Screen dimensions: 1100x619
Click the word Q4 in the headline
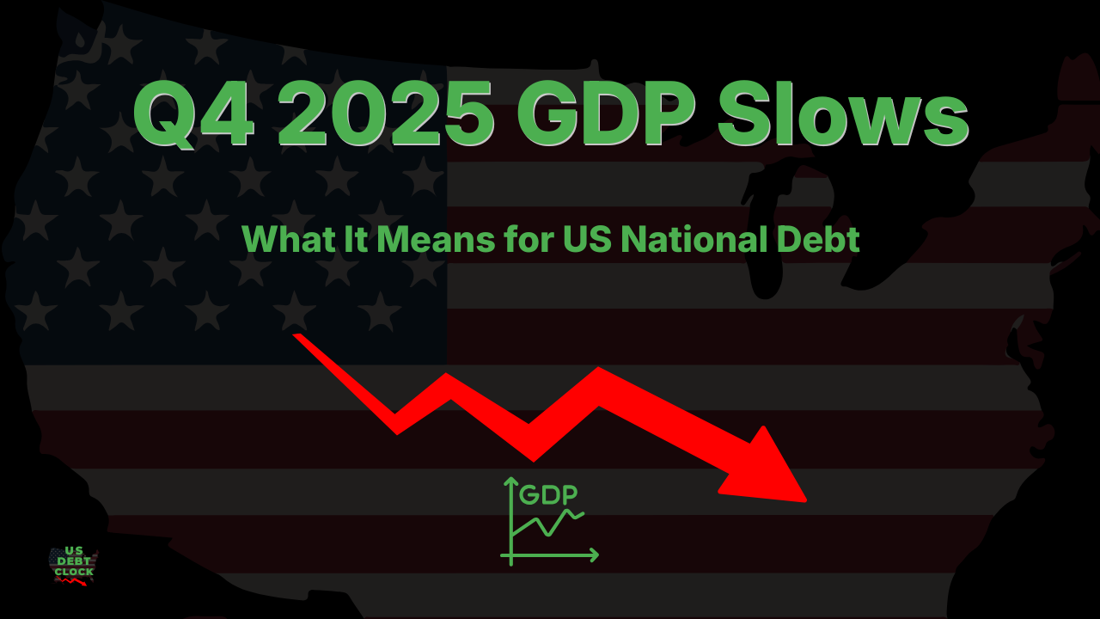pos(194,115)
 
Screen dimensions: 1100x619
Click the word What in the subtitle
pos(289,239)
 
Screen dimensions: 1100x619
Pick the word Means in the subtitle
pos(436,239)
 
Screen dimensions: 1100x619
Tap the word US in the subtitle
pos(587,239)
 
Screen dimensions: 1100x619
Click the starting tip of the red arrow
pos(295,335)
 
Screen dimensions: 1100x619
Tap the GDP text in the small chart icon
pos(548,494)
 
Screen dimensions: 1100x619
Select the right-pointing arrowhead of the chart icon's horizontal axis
pos(594,555)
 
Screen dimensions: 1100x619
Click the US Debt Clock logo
pos(74,566)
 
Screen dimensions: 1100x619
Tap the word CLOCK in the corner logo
pos(74,573)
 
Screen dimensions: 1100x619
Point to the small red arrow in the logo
pos(71,581)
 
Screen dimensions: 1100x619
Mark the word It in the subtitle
pos(357,239)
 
